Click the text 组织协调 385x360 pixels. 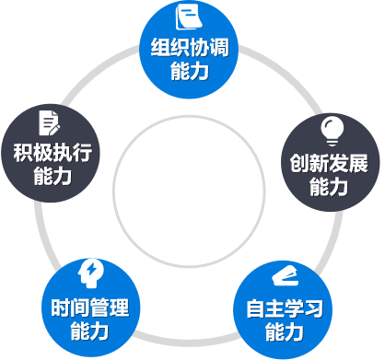pos(191,49)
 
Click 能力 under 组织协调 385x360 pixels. pos(191,72)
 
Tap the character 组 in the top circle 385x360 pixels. pos(160,49)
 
